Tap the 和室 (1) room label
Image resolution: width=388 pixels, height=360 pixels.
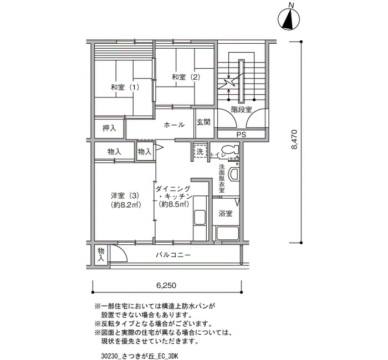point(125,88)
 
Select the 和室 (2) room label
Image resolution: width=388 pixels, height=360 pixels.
point(186,77)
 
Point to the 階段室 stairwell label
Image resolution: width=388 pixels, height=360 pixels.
point(241,110)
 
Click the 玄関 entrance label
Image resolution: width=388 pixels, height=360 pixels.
point(203,122)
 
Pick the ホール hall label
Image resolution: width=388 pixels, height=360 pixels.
point(174,125)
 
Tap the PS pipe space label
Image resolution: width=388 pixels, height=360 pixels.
point(241,135)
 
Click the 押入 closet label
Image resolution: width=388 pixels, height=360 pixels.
point(109,128)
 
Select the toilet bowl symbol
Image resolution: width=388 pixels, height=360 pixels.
point(230,150)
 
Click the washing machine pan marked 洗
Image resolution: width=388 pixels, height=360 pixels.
point(200,151)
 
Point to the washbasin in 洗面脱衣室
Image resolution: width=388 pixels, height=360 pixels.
point(234,175)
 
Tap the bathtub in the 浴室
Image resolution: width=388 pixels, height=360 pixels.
point(227,233)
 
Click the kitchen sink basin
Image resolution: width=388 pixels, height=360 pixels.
point(200,218)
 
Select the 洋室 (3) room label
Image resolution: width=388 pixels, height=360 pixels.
point(125,196)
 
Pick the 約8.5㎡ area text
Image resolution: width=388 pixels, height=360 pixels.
point(174,204)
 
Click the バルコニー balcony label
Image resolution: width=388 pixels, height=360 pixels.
point(173,255)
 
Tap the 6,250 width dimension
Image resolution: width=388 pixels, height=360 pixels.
point(166,286)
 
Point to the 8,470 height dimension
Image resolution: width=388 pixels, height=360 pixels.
point(294,140)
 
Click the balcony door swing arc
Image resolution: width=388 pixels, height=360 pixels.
point(122,250)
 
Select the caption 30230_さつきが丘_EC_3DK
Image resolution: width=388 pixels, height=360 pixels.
point(140,356)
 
